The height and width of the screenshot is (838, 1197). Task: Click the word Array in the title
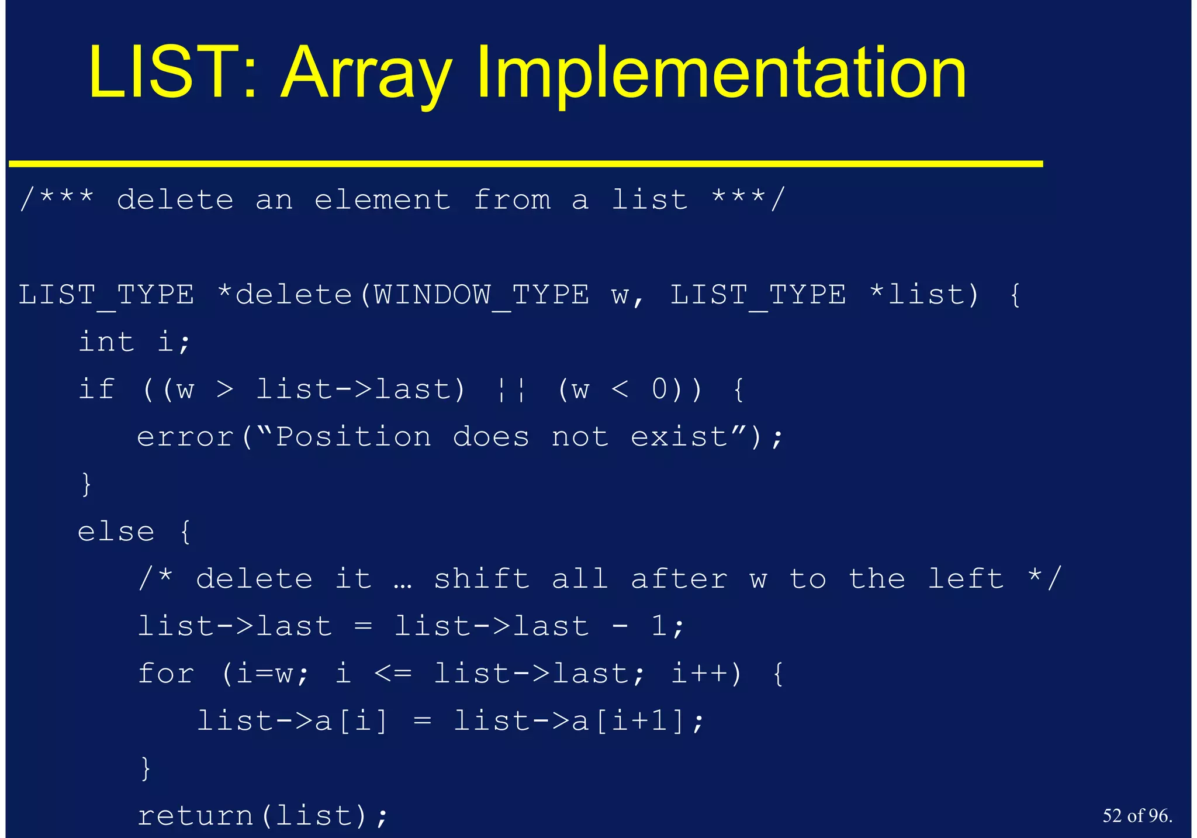[366, 74]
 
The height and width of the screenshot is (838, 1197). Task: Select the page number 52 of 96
[1137, 816]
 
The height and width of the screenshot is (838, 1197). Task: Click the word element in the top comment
[382, 200]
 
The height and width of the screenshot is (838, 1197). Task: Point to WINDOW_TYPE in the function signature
[482, 295]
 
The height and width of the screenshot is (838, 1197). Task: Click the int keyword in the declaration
[106, 342]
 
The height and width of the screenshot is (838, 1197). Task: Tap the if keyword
[96, 389]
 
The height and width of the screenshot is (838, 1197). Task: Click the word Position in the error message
[353, 437]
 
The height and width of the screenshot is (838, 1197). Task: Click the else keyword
[116, 532]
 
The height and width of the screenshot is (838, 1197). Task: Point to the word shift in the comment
[482, 580]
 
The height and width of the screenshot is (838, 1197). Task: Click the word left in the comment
[966, 580]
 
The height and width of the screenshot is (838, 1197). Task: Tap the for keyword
[165, 674]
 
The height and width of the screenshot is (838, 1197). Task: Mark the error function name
[185, 437]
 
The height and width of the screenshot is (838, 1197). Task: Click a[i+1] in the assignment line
[629, 722]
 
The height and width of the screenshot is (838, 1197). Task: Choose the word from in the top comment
[512, 200]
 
